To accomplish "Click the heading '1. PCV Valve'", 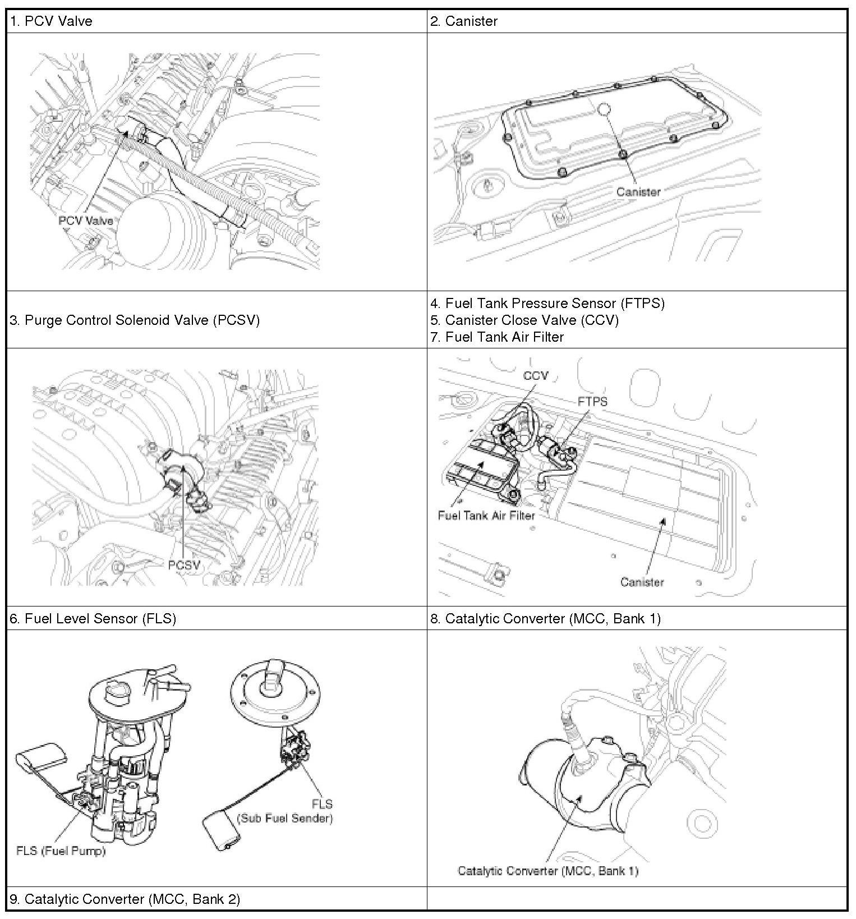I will [51, 21].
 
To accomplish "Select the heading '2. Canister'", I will [464, 21].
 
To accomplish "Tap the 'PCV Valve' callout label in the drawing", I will [85, 220].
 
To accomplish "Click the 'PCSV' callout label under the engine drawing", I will [184, 565].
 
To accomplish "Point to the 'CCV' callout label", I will [535, 375].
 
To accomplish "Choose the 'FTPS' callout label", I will [592, 402].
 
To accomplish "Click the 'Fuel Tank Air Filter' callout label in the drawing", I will [486, 515].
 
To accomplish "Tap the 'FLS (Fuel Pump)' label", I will [61, 851].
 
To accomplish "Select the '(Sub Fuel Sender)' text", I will [286, 818].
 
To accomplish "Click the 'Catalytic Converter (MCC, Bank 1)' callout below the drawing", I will [548, 871].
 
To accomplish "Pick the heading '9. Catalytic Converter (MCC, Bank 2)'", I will [125, 899].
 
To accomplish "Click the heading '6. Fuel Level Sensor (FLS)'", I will [93, 618].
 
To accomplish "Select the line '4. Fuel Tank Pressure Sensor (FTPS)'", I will [547, 304].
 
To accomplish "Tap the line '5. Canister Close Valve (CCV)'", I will [524, 320].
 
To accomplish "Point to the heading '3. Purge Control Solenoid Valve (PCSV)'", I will [135, 320].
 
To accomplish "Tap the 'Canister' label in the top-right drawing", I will [638, 192].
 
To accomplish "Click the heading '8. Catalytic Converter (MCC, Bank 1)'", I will [545, 618].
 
